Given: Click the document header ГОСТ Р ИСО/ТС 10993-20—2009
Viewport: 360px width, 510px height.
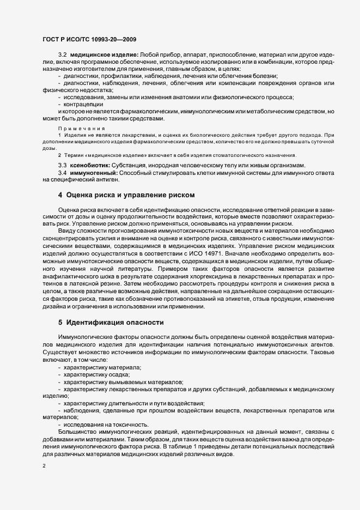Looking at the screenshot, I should (89, 39).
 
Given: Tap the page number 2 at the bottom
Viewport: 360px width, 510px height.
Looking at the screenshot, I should (44, 466).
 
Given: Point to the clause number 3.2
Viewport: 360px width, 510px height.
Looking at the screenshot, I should (62, 56).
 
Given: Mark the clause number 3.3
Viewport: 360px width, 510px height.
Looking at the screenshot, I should (62, 165).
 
